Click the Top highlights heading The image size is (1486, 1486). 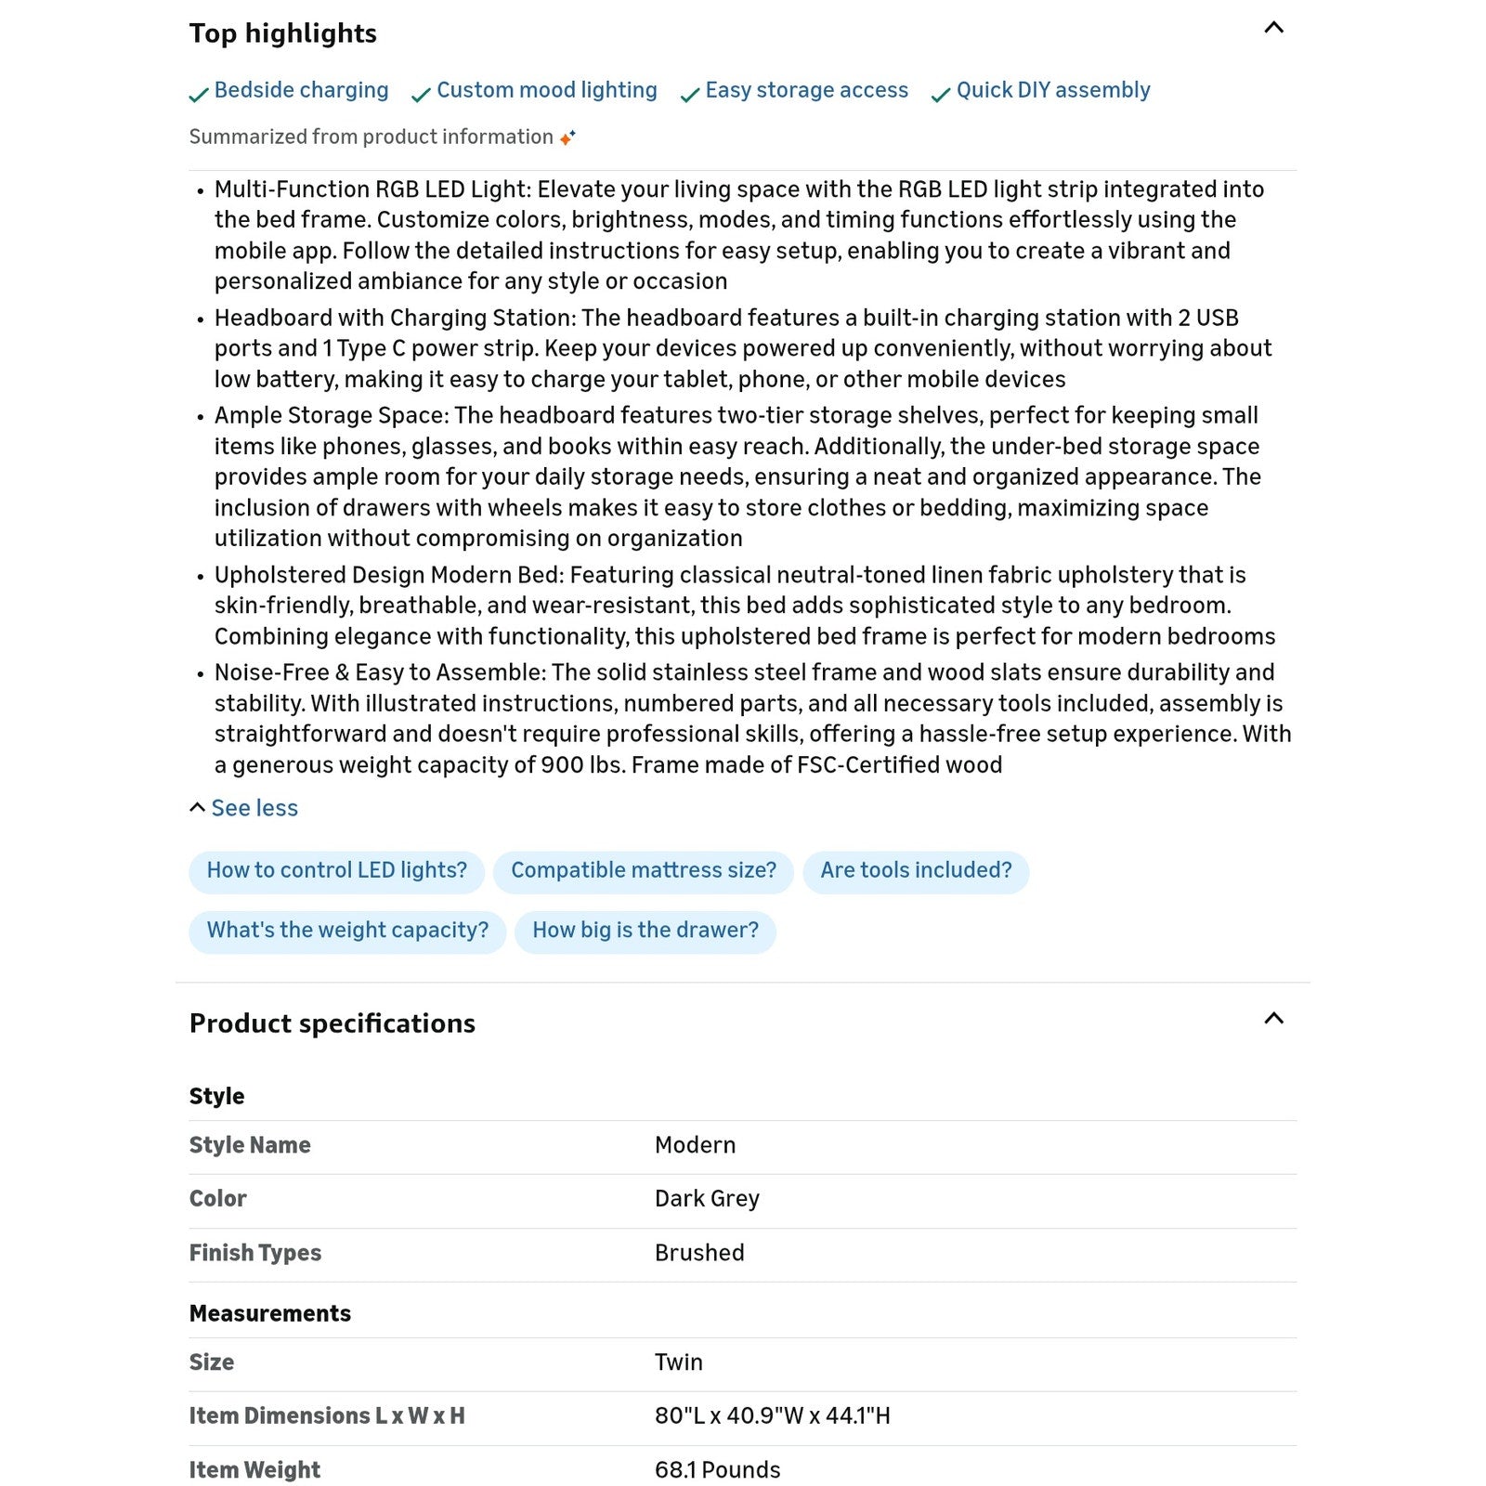tap(282, 33)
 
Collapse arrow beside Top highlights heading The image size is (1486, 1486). tap(1273, 28)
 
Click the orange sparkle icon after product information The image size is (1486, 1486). tap(567, 137)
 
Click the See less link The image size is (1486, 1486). tap(254, 808)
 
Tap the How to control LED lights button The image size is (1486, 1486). tap(336, 871)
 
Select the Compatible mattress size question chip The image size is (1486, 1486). tap(643, 871)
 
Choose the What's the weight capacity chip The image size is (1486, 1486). tap(347, 931)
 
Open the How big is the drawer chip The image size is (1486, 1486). tap(645, 931)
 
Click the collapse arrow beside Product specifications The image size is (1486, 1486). tap(1273, 1019)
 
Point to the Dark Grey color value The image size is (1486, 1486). tap(707, 1199)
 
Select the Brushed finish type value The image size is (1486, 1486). tap(699, 1253)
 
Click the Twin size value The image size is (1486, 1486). tap(678, 1362)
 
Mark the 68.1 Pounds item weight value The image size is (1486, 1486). tap(717, 1470)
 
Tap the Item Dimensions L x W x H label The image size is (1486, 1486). tap(327, 1416)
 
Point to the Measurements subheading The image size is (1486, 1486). tap(269, 1313)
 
